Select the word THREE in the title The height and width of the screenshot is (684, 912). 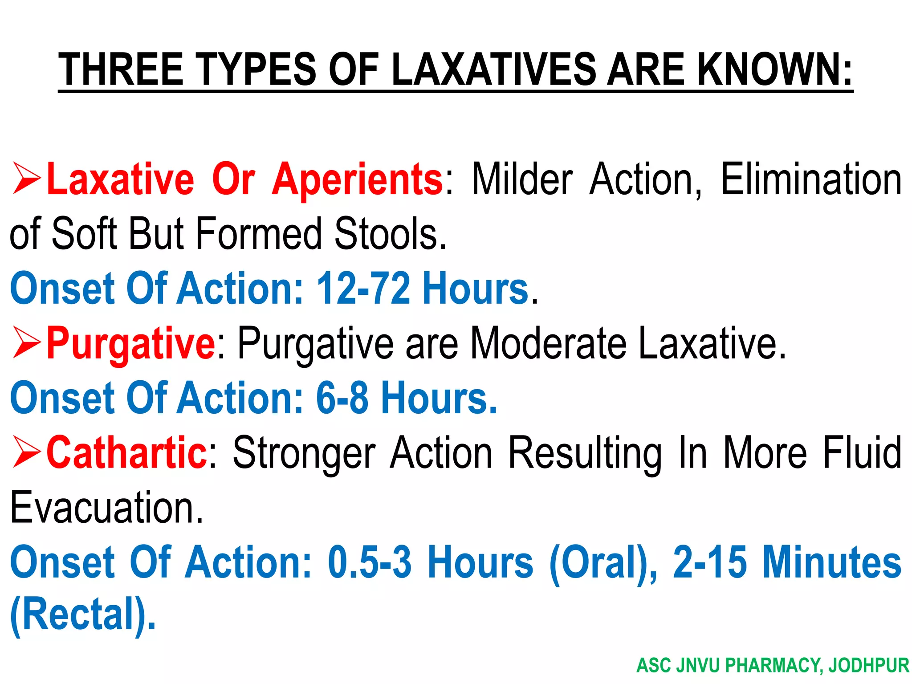tap(121, 69)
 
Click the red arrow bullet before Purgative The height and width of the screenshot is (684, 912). tap(27, 342)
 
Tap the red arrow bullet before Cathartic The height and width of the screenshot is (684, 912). tap(27, 452)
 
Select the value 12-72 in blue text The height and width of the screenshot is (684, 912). tap(363, 289)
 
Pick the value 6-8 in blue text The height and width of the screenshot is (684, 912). tap(342, 398)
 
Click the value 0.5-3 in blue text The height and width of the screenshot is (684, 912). tap(370, 562)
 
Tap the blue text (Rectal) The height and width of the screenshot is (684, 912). tap(83, 615)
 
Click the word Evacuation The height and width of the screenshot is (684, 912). tap(106, 507)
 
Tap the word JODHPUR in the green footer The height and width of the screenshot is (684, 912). tap(868, 665)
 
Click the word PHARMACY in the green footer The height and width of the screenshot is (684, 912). tap(774, 665)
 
